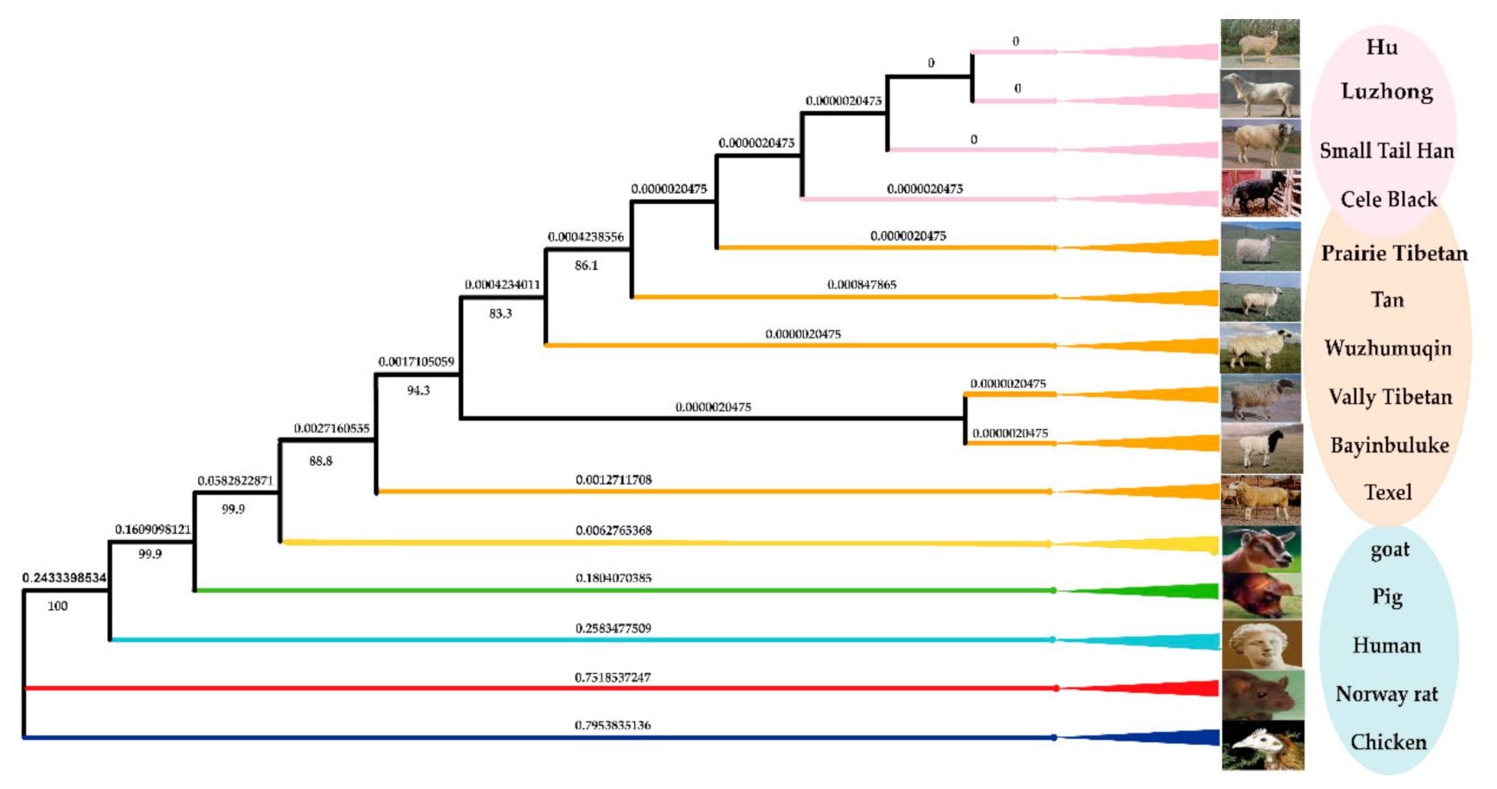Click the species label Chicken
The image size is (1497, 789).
click(1388, 742)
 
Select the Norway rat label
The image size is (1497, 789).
click(1386, 694)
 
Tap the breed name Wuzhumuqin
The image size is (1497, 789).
click(1387, 349)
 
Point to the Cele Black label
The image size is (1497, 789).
click(1388, 200)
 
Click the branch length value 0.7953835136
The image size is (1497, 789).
click(613, 725)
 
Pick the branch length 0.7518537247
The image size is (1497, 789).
click(613, 677)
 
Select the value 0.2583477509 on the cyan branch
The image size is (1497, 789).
click(613, 628)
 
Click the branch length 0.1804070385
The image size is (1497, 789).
click(613, 578)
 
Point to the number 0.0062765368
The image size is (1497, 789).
click(613, 530)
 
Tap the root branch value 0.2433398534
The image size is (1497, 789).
click(65, 578)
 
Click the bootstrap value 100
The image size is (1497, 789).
click(57, 606)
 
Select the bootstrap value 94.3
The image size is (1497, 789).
click(418, 391)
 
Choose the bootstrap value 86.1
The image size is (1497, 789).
click(586, 266)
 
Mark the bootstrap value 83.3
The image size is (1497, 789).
click(500, 314)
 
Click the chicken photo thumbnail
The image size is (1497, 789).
click(1262, 746)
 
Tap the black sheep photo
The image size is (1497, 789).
click(1261, 193)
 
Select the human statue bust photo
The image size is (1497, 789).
click(1262, 645)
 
